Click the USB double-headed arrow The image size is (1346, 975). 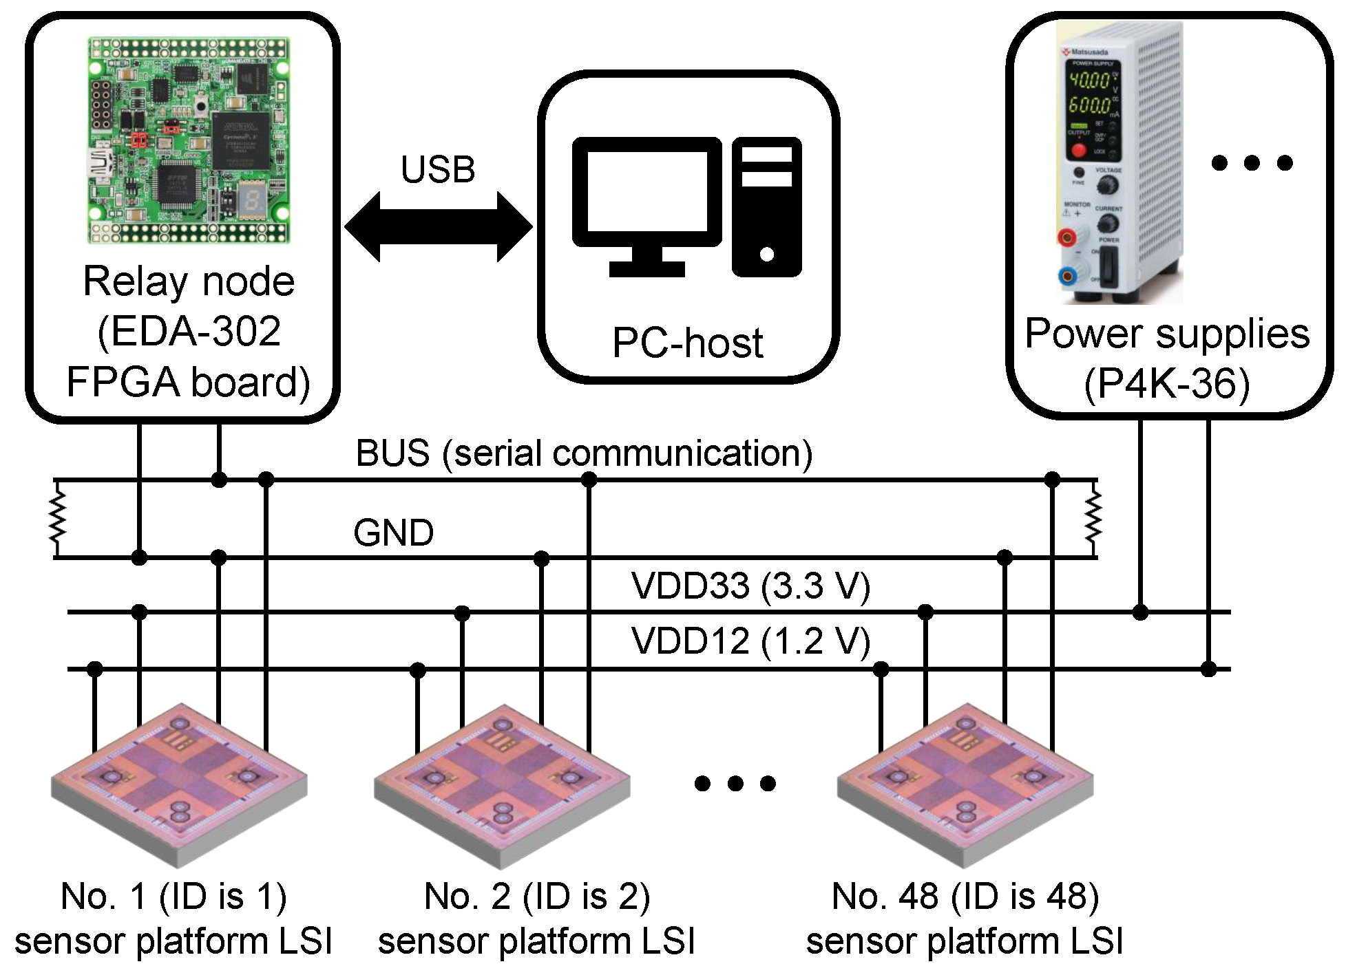[x=439, y=227]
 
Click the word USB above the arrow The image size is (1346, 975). [x=438, y=169]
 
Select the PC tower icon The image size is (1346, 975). [x=766, y=206]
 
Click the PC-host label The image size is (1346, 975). [x=687, y=342]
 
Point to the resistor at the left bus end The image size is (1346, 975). [x=57, y=518]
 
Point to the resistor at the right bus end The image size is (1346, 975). [x=1093, y=518]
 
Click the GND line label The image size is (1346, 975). [x=393, y=533]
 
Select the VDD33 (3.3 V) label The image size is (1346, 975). [x=750, y=586]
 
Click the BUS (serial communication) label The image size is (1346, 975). [x=584, y=453]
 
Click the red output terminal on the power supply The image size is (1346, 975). [x=1068, y=237]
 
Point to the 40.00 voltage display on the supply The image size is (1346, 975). [x=1090, y=81]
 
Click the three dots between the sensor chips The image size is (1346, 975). [x=735, y=783]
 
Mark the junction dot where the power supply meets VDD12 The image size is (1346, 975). [x=1208, y=669]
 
